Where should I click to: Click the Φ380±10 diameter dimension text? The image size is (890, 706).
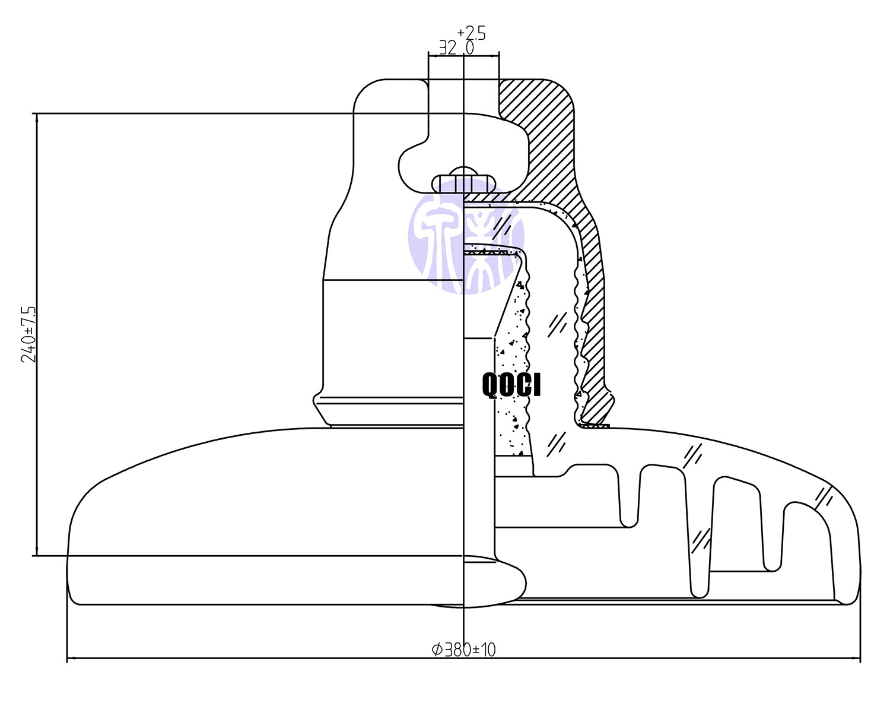coord(463,650)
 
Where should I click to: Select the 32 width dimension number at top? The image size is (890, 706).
coord(447,48)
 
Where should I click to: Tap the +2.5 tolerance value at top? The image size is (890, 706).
coord(472,33)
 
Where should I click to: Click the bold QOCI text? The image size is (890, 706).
coord(511,385)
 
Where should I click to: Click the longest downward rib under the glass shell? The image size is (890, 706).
coord(698,534)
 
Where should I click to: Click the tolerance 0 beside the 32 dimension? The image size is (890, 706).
coord(470,48)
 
